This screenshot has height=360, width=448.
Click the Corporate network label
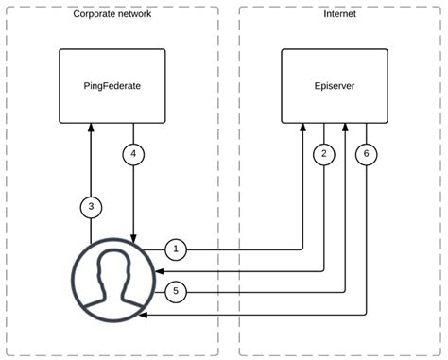pyautogui.click(x=112, y=15)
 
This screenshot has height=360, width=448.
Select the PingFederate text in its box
pyautogui.click(x=112, y=86)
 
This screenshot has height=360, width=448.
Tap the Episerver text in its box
pyautogui.click(x=336, y=86)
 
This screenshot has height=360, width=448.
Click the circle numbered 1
pyautogui.click(x=176, y=249)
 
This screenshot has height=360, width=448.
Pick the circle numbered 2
pyautogui.click(x=323, y=153)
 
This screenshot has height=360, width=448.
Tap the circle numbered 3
pyautogui.click(x=90, y=205)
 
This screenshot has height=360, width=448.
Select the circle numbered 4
pyautogui.click(x=134, y=153)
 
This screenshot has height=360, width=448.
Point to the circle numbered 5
pyautogui.click(x=176, y=291)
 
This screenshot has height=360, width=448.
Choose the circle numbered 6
pyautogui.click(x=365, y=153)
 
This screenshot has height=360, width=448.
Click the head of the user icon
pyautogui.click(x=113, y=269)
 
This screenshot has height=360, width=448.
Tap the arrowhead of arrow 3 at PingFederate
pyautogui.click(x=90, y=129)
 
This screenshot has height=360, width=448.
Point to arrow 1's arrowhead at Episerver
pyautogui.click(x=303, y=129)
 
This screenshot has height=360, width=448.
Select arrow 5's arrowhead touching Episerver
pyautogui.click(x=345, y=129)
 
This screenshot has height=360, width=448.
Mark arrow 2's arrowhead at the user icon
pyautogui.click(x=157, y=270)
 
